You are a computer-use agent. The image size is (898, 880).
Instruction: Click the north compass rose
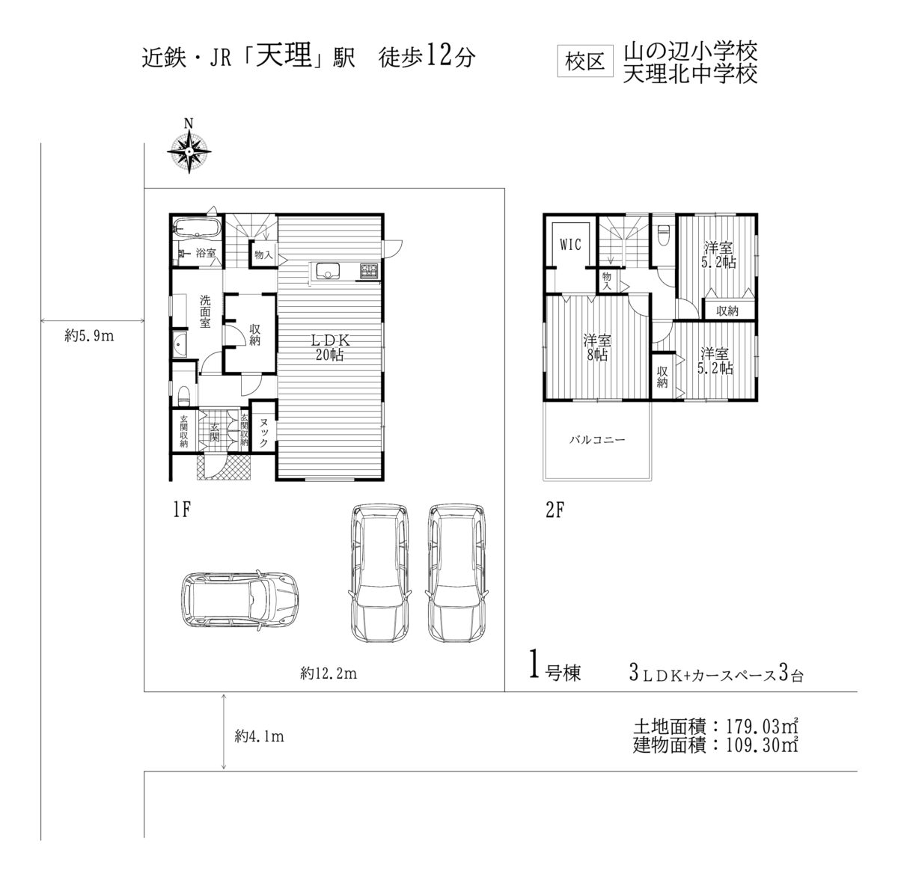[x=189, y=153]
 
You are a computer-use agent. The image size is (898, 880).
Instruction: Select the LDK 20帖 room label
[x=330, y=348]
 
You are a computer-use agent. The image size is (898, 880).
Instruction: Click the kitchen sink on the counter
[x=328, y=271]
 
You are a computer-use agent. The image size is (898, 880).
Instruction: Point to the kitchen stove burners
[x=370, y=270]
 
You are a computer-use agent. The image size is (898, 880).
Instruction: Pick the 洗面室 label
[x=205, y=311]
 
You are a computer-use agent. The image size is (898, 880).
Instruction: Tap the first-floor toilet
[x=185, y=396]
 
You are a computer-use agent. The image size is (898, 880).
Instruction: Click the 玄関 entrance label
[x=214, y=432]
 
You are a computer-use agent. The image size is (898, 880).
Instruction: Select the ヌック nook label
[x=263, y=432]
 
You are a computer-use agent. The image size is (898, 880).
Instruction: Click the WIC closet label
[x=570, y=245]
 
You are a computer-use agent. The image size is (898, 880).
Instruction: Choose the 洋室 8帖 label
[x=597, y=348]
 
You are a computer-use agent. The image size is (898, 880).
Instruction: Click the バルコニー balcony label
[x=597, y=439]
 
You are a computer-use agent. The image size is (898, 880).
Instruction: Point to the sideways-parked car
[x=239, y=598]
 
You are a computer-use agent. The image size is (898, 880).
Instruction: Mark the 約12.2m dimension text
[x=329, y=673]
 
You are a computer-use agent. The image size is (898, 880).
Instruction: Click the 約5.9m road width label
[x=89, y=335]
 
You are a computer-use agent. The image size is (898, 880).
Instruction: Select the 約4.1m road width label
[x=259, y=736]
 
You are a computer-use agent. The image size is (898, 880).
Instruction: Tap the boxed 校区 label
[x=585, y=61]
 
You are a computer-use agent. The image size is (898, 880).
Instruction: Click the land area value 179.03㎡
[x=763, y=726]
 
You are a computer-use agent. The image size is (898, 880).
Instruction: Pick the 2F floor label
[x=555, y=510]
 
